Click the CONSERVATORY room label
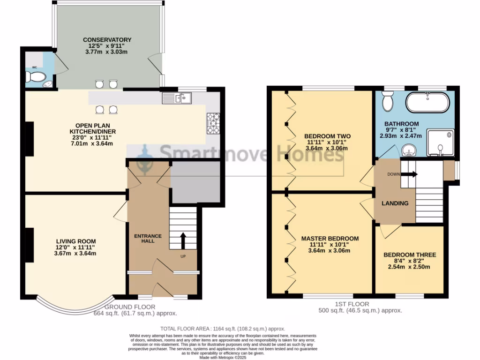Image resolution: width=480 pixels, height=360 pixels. click(x=107, y=40)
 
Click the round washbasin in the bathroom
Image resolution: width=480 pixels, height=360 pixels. click(x=408, y=150)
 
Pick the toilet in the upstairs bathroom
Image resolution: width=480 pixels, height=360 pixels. click(x=388, y=100)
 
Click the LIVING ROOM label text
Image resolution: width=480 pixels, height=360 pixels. click(x=75, y=241)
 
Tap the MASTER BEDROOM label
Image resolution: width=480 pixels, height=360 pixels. click(x=330, y=239)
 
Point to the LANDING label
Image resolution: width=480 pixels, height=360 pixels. click(x=395, y=203)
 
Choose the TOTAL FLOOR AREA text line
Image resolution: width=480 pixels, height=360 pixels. click(x=223, y=329)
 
